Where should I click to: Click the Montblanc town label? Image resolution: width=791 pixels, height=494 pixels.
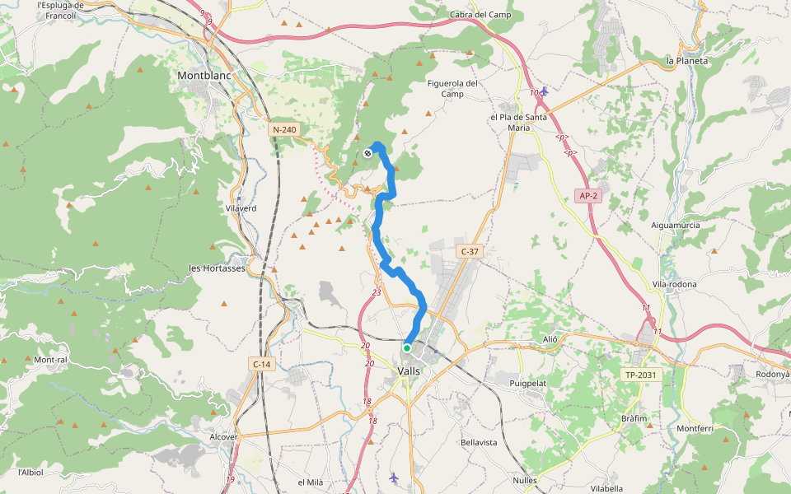[x=205, y=76]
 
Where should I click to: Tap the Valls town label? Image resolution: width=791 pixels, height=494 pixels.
[x=409, y=371]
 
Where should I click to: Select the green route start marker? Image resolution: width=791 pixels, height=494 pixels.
[x=407, y=348]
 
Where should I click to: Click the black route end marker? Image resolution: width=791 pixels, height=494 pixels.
[x=367, y=153]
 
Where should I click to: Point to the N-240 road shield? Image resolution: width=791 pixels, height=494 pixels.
[x=284, y=130]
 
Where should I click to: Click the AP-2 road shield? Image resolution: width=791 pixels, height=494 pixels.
[x=587, y=196]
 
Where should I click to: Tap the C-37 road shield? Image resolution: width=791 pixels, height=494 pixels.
[x=469, y=251]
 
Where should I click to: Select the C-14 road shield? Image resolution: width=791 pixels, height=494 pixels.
[x=261, y=363]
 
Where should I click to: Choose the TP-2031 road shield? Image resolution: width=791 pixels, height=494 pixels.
[x=641, y=375]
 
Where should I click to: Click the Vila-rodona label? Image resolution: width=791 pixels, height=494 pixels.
[x=674, y=284]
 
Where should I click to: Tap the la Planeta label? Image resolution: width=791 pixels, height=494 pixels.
[x=687, y=61]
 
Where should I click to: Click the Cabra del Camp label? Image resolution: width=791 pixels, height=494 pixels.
[x=480, y=15]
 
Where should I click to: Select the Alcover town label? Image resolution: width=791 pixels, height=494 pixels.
[x=224, y=437]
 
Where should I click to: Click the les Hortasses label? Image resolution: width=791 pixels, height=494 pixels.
[x=218, y=268]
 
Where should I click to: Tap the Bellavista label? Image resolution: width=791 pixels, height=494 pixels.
[x=479, y=442]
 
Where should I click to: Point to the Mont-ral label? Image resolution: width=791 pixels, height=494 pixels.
[x=50, y=360]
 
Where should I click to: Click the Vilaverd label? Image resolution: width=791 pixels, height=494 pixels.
[x=241, y=208]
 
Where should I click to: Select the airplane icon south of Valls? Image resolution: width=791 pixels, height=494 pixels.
[x=394, y=478]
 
